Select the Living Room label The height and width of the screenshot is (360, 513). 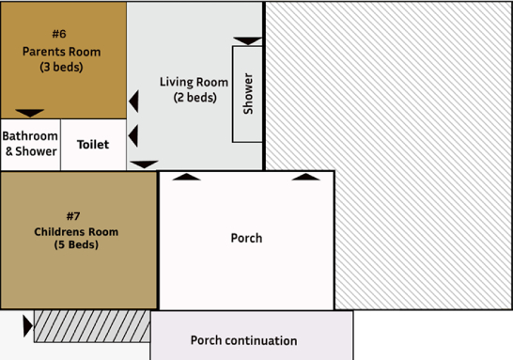click(194, 82)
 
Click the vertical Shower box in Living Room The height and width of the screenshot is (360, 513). click(248, 94)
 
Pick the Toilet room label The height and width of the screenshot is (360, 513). click(93, 145)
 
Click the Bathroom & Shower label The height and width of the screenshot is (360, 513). click(30, 144)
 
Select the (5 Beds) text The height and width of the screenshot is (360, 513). click(77, 245)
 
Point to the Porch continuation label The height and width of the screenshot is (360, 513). click(243, 340)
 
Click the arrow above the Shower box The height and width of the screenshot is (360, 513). click(248, 40)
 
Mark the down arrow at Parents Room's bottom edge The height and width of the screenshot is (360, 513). click(30, 113)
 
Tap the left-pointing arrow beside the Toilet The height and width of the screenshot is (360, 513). click(133, 135)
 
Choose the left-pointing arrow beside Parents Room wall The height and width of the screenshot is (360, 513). click(133, 101)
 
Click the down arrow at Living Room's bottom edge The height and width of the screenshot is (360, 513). click(144, 164)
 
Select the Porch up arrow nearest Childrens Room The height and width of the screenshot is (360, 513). click(187, 176)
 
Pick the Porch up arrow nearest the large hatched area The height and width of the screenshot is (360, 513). click(304, 176)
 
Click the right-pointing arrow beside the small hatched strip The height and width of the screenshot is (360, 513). click(26, 325)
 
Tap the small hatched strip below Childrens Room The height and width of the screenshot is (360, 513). click(92, 326)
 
